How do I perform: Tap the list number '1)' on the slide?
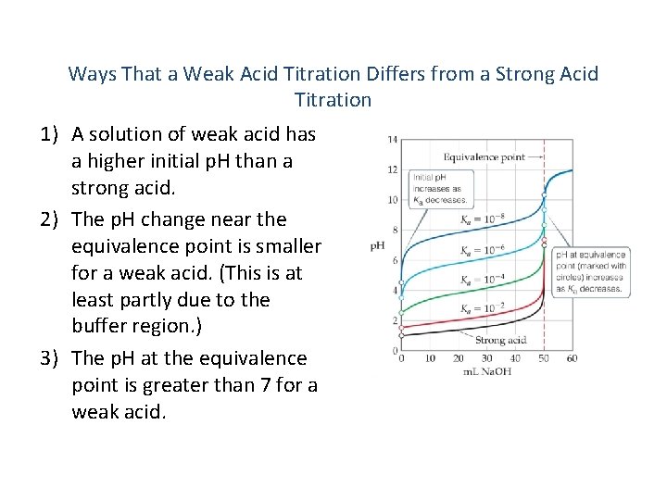pos(52,135)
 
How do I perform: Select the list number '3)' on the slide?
pos(52,357)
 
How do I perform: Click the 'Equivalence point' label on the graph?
pos(484,156)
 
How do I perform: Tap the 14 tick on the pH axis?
pos(393,140)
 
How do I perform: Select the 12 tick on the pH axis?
pos(393,170)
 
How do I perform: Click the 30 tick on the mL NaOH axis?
pos(486,358)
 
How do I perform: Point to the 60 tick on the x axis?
pos(572,358)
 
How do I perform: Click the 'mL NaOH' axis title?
pos(486,371)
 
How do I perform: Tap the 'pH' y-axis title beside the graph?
pos(377,246)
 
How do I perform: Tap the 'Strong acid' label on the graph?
pos(501,340)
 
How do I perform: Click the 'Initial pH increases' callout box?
pos(439,189)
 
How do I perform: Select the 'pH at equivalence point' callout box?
pos(591,272)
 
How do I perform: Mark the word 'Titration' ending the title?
pos(333,100)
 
